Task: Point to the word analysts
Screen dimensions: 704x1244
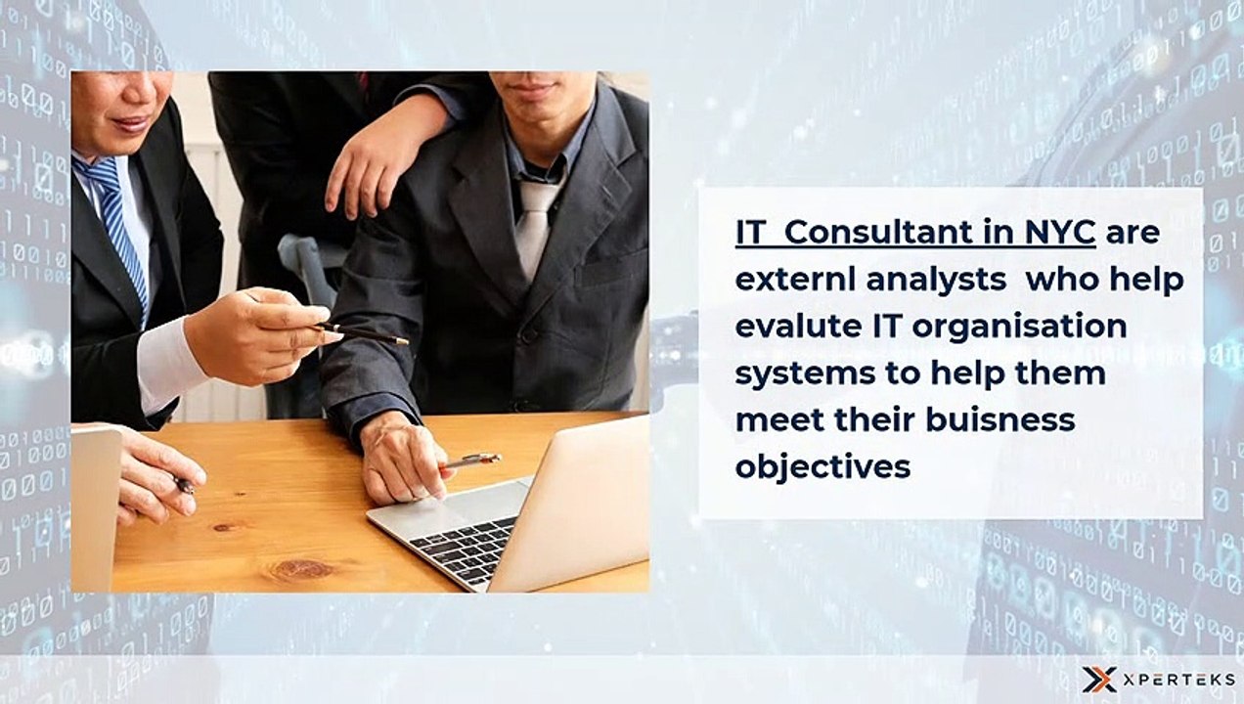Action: (936, 280)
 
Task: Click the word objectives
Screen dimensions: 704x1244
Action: (822, 467)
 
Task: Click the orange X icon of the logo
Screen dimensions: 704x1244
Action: (1097, 680)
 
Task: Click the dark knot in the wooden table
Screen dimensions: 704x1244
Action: (302, 568)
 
